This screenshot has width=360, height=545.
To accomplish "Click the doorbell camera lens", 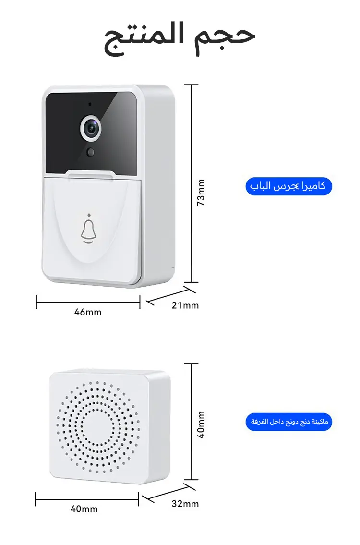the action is click(x=91, y=129).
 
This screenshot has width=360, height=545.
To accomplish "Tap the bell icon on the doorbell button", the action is click(x=88, y=231).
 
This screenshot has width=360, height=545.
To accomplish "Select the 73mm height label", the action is click(x=201, y=193).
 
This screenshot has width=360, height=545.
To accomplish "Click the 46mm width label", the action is click(x=88, y=312).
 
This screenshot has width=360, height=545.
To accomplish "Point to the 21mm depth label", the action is click(x=185, y=305).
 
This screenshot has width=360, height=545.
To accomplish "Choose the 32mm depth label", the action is click(x=185, y=504).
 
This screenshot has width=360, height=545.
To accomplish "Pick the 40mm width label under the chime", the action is click(x=84, y=509).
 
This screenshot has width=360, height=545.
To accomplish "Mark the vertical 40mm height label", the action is click(x=201, y=425).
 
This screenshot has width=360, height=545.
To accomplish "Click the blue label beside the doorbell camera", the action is click(x=289, y=186).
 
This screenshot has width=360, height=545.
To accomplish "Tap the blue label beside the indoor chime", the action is click(x=289, y=422).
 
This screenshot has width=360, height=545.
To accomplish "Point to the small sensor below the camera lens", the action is click(x=91, y=152).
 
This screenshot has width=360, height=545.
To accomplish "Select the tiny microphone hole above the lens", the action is click(x=90, y=104).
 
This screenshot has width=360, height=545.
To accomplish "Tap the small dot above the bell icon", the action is click(x=89, y=215).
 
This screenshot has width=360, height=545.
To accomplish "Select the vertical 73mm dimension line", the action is click(x=192, y=183).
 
